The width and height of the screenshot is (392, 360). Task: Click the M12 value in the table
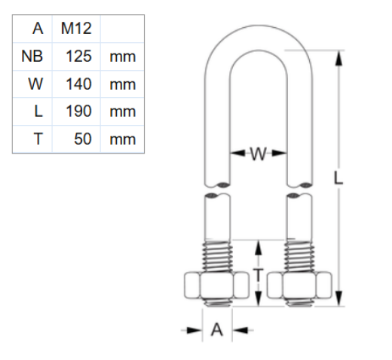[75, 29]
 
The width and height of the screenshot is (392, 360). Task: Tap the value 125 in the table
[78, 56]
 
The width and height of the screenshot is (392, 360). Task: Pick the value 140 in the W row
[78, 84]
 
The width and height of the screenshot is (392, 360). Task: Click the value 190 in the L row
[78, 111]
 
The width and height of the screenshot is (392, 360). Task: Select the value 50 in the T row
[82, 139]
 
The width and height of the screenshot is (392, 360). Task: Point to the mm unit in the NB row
[122, 56]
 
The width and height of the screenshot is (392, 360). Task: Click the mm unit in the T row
[122, 139]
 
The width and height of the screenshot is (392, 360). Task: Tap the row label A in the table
[37, 29]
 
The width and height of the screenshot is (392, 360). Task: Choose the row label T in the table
[38, 139]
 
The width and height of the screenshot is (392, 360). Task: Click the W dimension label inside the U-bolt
[258, 154]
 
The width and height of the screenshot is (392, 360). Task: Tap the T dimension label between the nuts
[258, 274]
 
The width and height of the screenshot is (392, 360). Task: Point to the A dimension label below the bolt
[216, 330]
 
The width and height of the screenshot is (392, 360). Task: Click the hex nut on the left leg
[216, 285]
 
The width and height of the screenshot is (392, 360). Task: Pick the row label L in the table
[38, 111]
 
